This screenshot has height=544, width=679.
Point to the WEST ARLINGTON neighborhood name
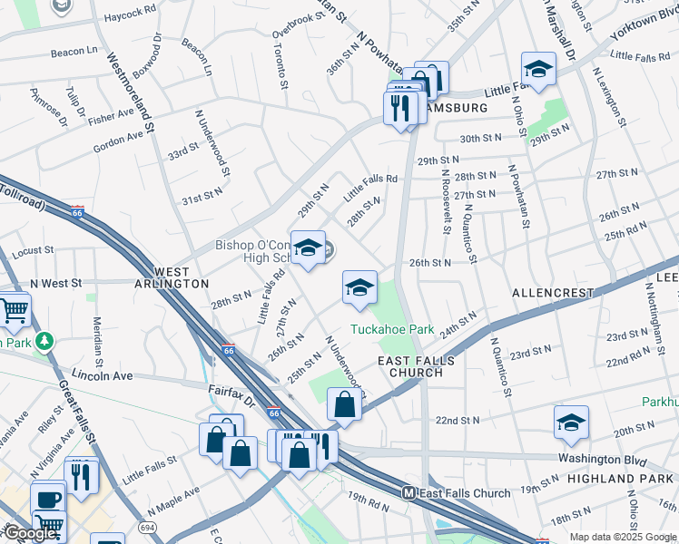(170, 277)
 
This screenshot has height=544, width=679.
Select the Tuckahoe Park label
(393, 330)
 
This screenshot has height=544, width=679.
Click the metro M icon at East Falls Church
(408, 493)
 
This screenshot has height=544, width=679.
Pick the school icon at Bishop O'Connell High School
(308, 248)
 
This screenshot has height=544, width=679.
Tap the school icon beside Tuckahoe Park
(359, 287)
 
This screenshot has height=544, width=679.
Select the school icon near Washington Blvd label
(571, 423)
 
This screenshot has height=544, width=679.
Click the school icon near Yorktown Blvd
(538, 69)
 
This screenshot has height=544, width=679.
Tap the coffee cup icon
(47, 499)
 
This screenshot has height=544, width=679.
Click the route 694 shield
(145, 527)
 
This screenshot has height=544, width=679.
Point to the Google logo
(29, 533)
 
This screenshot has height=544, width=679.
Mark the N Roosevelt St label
(447, 201)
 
